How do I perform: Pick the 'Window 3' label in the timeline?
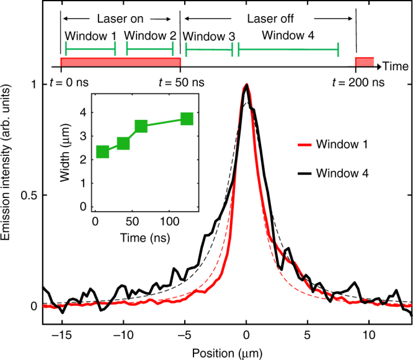[210, 36]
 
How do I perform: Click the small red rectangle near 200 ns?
[364, 62]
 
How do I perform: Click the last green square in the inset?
[187, 119]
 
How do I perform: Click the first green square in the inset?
[102, 151]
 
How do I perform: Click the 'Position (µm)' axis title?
[227, 352]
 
